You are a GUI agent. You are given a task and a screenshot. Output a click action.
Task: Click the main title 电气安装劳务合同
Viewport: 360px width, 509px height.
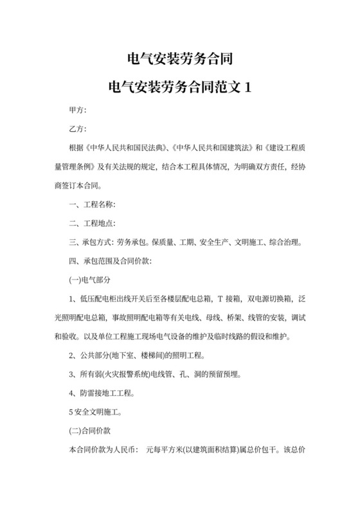(x=179, y=60)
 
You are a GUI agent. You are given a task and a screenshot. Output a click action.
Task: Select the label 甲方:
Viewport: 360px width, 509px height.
(x=78, y=111)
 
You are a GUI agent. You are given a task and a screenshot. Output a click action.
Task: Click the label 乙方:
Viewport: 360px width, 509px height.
(x=78, y=129)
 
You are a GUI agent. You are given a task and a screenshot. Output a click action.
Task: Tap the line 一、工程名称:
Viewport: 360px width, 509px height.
(x=92, y=204)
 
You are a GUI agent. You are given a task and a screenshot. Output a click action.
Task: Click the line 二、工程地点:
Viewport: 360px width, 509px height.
(x=92, y=223)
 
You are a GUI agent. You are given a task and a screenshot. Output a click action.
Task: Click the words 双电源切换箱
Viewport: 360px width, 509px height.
(x=268, y=299)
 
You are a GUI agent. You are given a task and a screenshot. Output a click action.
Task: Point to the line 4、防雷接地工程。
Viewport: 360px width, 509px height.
(x=101, y=393)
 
